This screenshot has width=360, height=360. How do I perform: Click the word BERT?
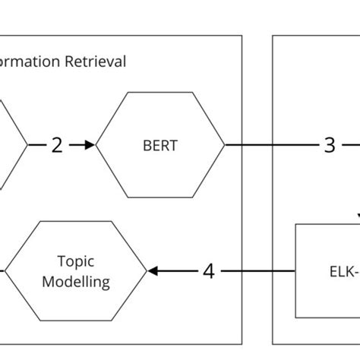pyautogui.click(x=159, y=145)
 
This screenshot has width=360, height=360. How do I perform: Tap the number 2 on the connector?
pyautogui.click(x=57, y=145)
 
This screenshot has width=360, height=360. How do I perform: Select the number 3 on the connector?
pyautogui.click(x=329, y=145)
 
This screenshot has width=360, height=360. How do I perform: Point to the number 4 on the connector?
pyautogui.click(x=208, y=271)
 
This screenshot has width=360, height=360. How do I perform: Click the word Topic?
pyautogui.click(x=75, y=261)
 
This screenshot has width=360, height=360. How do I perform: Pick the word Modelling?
pyautogui.click(x=75, y=282)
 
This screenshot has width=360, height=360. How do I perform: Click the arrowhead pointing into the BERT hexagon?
pyautogui.click(x=90, y=144)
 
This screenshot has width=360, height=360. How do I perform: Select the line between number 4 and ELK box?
pyautogui.click(x=258, y=271)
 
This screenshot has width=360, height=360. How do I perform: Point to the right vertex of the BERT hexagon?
pyautogui.click(x=225, y=144)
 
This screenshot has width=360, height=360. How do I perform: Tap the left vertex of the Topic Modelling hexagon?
pyautogui.click(x=5, y=271)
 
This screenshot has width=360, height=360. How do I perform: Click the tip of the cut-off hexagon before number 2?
pyautogui.click(x=27, y=144)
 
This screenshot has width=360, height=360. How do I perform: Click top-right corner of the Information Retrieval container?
pyautogui.click(x=242, y=35)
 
